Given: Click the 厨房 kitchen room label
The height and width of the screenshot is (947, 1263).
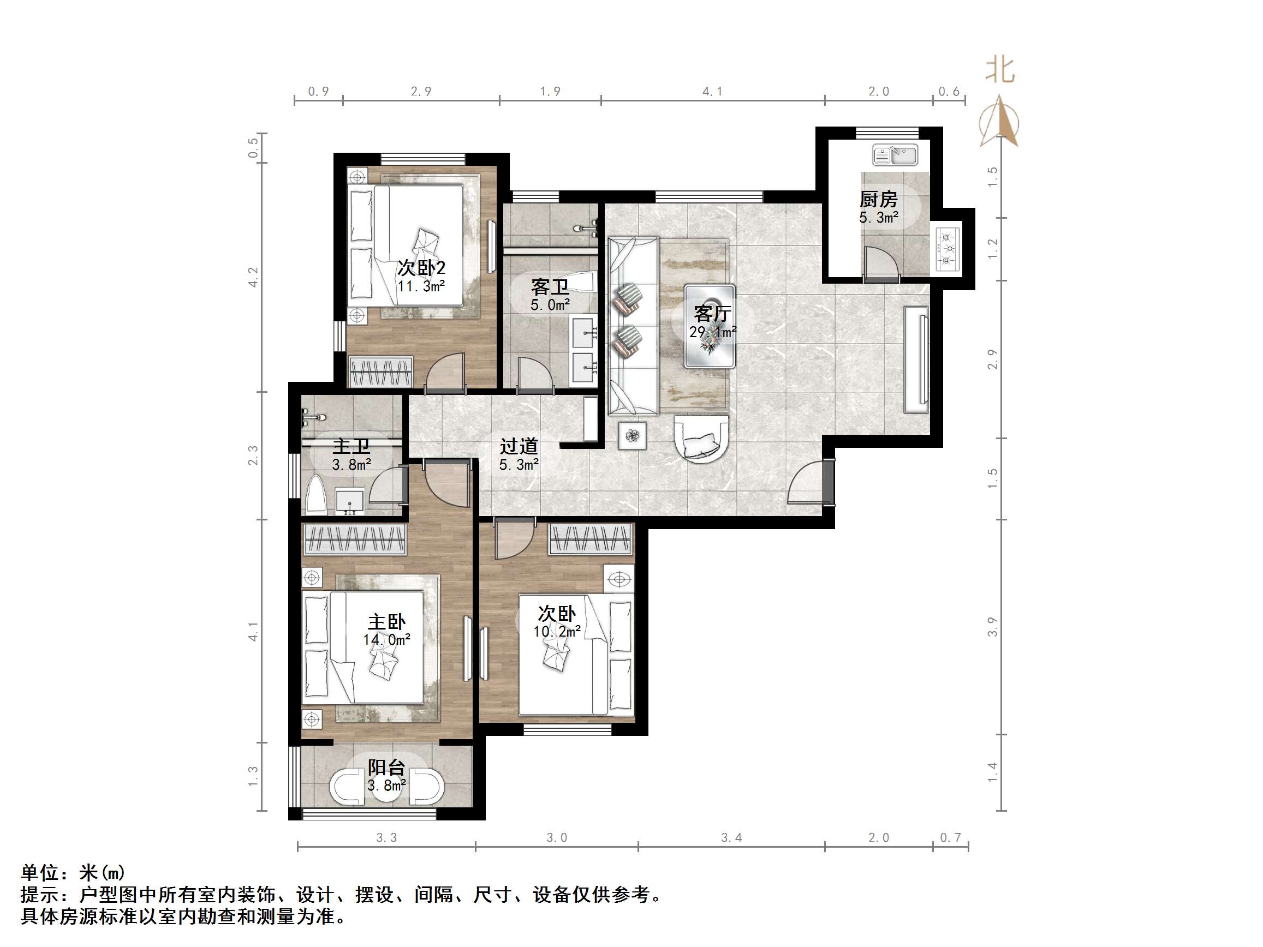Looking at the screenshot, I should click(x=878, y=200).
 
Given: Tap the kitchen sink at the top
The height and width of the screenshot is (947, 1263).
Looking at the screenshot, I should click(x=895, y=155).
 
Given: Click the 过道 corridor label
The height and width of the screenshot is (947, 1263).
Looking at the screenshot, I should click(x=519, y=446).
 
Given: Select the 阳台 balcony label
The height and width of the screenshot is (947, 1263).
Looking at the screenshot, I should click(x=386, y=767).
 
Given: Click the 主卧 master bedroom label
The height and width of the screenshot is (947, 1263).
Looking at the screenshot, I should click(x=386, y=622).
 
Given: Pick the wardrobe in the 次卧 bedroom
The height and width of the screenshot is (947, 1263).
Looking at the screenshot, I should click(x=591, y=539).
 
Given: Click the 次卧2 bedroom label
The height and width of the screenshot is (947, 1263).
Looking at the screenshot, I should click(x=421, y=268).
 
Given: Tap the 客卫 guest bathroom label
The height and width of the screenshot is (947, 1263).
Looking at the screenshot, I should click(x=549, y=286).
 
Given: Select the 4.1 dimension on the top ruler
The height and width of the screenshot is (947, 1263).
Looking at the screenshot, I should click(x=712, y=91).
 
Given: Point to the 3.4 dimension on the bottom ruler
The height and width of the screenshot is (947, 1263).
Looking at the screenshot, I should click(x=731, y=838).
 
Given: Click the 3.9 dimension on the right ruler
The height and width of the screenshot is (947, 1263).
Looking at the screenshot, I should click(x=993, y=627).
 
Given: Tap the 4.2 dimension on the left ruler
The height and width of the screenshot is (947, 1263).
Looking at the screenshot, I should click(x=253, y=278).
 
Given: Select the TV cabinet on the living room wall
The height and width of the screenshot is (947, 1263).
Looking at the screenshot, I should click(x=916, y=359).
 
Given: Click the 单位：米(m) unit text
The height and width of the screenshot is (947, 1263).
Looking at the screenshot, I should click(x=73, y=873).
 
